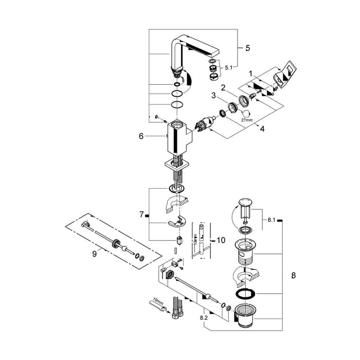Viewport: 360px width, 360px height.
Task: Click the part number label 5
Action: click(247, 48)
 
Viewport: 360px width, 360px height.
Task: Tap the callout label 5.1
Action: click(227, 67)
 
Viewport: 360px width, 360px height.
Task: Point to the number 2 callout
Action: click(224, 87)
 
